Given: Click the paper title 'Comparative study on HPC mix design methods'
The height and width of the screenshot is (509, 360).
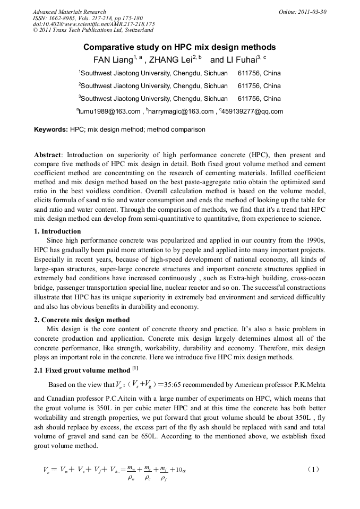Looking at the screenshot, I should (179, 47).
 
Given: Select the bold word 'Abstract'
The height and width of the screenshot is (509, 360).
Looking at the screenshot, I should (47, 155).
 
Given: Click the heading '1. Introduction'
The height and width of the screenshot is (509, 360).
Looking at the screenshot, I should (57, 231).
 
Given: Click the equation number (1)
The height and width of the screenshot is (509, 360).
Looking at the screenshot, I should (314, 469).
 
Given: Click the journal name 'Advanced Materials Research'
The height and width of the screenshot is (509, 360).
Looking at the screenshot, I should (69, 12).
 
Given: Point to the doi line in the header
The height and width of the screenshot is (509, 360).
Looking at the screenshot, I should (93, 24).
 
